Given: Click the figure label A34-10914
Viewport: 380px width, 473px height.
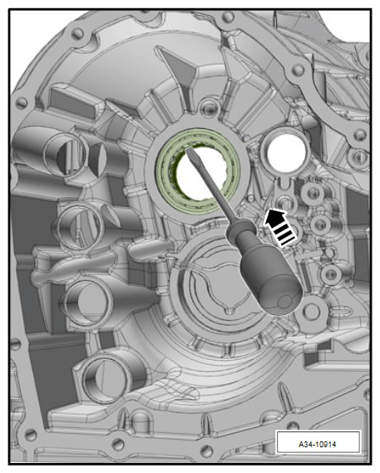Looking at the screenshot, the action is point(318,444).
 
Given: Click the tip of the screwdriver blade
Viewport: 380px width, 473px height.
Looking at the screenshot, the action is point(188,150).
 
